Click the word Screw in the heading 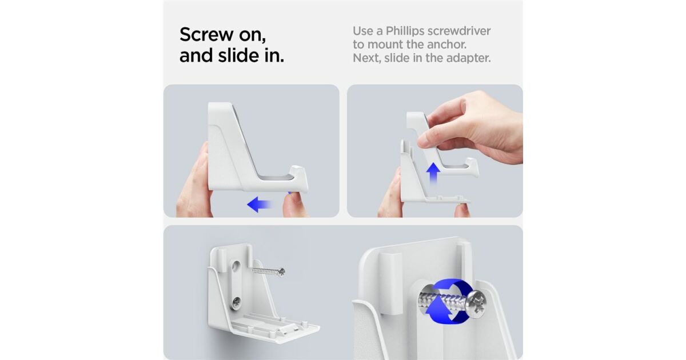click(x=207, y=34)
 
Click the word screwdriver click(x=459, y=31)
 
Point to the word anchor click(x=447, y=45)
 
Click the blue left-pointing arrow click(x=259, y=204)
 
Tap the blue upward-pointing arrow click(x=433, y=173)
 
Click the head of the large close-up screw click(x=477, y=304)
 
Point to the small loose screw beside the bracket click(x=269, y=271)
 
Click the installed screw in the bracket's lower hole click(x=236, y=303)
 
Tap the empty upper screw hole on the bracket click(x=236, y=266)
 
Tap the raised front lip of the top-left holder click(x=298, y=178)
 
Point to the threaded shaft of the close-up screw click(x=443, y=301)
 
